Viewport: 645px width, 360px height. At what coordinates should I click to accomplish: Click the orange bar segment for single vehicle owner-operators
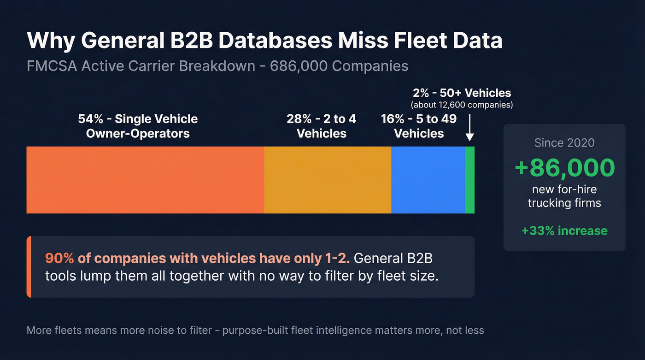click(x=145, y=180)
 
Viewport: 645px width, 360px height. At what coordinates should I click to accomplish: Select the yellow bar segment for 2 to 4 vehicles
click(x=328, y=180)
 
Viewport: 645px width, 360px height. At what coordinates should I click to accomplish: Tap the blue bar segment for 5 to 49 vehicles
click(x=428, y=180)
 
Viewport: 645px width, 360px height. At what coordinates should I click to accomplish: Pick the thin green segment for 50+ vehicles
click(x=469, y=180)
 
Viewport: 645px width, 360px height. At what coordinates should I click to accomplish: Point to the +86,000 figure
click(x=564, y=168)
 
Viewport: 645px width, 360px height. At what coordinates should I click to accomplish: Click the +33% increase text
click(x=564, y=230)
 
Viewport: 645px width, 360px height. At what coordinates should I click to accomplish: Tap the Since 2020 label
click(x=564, y=143)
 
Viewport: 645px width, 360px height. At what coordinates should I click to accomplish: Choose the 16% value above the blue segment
click(x=392, y=119)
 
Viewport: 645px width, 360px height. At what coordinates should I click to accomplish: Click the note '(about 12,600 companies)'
click(x=462, y=105)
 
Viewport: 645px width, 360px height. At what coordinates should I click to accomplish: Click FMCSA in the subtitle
click(x=52, y=66)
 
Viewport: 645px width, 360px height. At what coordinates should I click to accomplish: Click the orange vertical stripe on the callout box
click(x=29, y=266)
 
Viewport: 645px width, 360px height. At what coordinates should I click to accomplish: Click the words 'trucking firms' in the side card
click(x=564, y=203)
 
